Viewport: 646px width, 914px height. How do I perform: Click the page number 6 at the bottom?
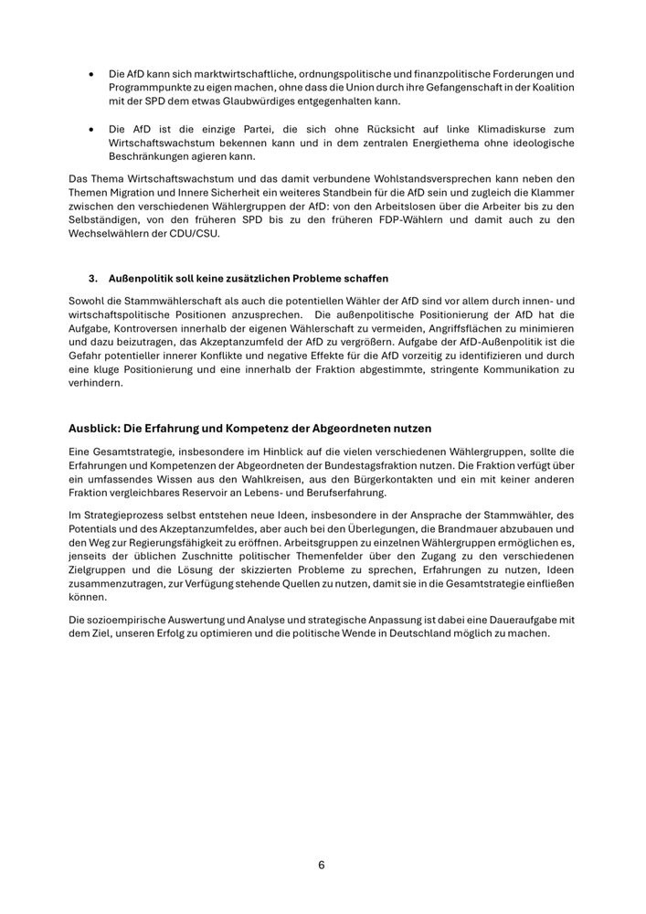click(x=322, y=865)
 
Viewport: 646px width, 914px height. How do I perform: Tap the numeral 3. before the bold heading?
click(x=93, y=277)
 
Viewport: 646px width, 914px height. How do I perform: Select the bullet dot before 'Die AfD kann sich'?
click(x=91, y=72)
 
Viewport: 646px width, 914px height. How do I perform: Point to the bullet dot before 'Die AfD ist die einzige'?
click(x=91, y=130)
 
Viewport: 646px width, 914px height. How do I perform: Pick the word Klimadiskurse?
click(x=497, y=130)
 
